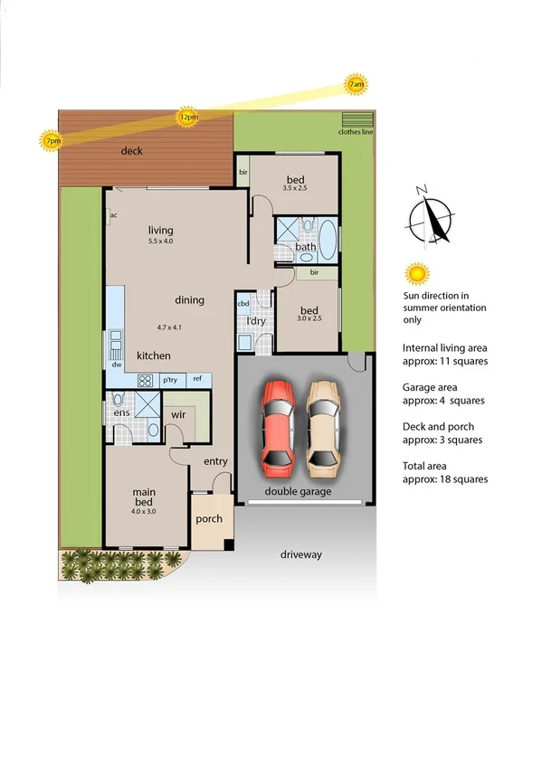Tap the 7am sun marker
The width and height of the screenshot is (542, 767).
tap(356, 85)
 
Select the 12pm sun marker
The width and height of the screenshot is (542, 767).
tap(188, 117)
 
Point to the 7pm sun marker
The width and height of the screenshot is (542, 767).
tap(52, 141)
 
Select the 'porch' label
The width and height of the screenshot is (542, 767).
tap(209, 519)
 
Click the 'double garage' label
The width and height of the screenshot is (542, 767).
tap(298, 492)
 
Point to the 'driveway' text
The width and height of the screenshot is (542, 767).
tap(300, 554)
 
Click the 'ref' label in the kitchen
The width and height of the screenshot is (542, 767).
tap(196, 380)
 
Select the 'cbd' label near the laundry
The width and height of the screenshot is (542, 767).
tap(242, 304)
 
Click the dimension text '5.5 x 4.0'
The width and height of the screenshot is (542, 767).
tap(161, 241)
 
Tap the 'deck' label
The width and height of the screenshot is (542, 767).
tap(132, 151)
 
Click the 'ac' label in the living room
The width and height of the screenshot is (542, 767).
tap(113, 215)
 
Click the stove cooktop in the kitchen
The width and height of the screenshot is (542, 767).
tap(145, 381)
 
